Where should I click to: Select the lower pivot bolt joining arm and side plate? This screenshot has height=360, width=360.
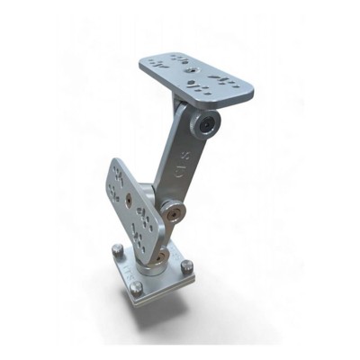(172, 213)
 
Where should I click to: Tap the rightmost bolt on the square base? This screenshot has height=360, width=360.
(187, 267)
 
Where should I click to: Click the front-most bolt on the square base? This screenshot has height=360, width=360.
(137, 288)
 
